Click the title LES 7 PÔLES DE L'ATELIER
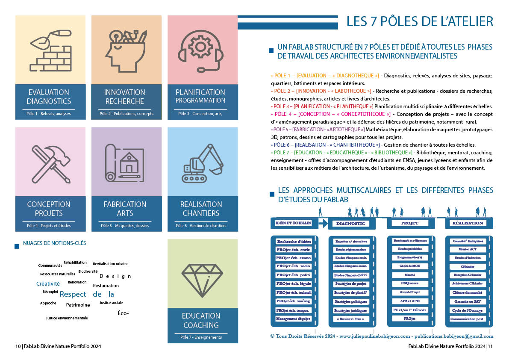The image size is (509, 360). [419, 21]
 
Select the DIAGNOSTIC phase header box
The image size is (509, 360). [351, 224]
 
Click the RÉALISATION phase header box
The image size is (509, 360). [468, 223]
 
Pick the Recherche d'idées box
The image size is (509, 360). [294, 242]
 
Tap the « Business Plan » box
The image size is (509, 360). [351, 319]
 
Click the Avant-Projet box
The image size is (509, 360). [409, 292]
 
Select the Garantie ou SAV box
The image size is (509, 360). [468, 301]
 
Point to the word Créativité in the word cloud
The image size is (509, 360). [48, 283]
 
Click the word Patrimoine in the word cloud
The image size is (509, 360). [78, 305]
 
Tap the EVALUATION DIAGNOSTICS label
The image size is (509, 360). [49, 97]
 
